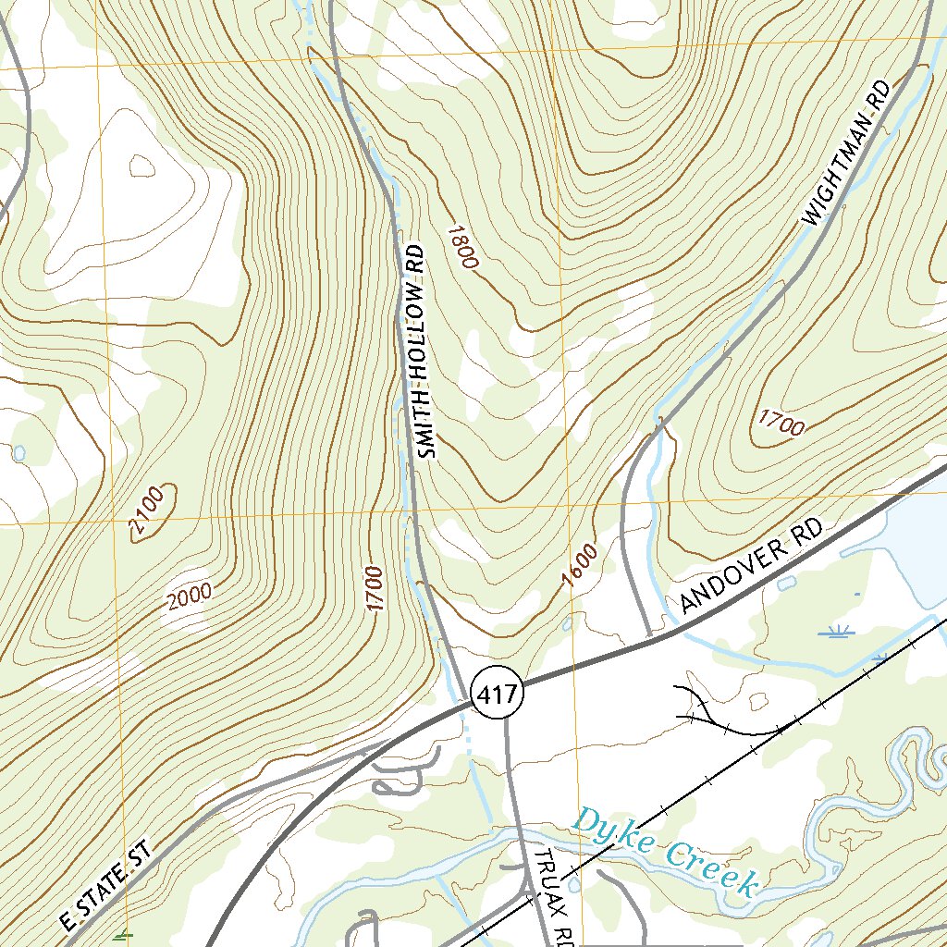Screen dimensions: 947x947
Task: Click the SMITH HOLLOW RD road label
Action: click(x=419, y=352)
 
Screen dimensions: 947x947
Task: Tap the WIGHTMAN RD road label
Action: click(x=847, y=154)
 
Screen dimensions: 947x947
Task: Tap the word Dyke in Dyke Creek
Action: click(x=611, y=833)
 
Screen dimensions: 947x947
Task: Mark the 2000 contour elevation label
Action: click(x=190, y=598)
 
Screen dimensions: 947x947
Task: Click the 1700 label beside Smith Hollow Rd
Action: click(x=374, y=588)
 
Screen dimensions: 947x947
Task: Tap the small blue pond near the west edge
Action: click(x=19, y=453)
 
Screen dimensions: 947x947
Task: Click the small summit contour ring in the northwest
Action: click(x=141, y=166)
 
